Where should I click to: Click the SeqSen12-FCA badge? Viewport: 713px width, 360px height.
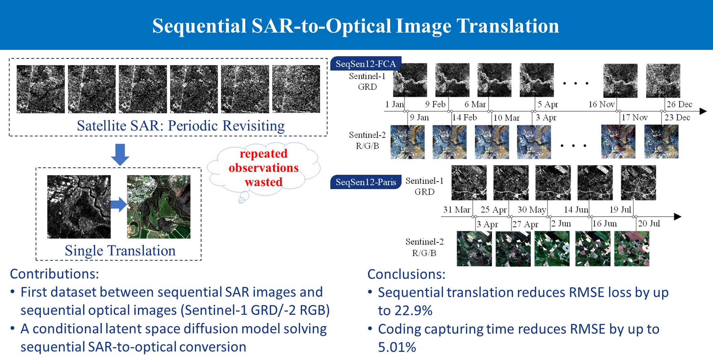[366, 64]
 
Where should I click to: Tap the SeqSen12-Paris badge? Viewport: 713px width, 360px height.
[366, 182]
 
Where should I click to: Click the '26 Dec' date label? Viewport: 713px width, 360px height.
[679, 104]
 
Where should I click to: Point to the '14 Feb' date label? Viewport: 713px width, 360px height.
[464, 118]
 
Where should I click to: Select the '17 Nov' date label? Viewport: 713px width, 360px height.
[634, 118]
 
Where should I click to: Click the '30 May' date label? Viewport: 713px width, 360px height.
[532, 210]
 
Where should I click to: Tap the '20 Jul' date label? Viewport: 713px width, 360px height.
[649, 224]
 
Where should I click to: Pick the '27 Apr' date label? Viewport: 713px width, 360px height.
[525, 224]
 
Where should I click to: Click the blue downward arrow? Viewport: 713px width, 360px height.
[120, 155]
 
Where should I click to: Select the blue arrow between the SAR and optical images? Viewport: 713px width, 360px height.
[119, 204]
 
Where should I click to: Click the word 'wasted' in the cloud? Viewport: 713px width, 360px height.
[264, 182]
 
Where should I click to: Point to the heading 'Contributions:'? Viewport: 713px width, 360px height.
[54, 274]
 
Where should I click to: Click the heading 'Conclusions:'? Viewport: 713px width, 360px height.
[406, 274]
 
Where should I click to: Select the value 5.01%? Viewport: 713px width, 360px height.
[397, 347]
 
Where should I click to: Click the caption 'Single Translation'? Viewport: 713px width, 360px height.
[120, 251]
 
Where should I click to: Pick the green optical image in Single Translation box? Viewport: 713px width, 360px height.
[159, 207]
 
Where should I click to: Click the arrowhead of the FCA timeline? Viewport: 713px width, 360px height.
[703, 111]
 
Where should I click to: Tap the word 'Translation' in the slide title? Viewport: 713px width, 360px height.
[508, 26]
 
